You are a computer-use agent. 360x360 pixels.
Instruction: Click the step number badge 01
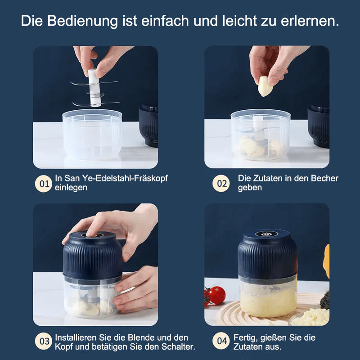[44, 184]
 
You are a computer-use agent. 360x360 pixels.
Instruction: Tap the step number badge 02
[220, 184]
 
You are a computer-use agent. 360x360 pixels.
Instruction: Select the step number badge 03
[44, 342]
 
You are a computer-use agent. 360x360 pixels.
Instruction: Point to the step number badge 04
[220, 342]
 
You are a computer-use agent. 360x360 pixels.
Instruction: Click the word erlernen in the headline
[310, 21]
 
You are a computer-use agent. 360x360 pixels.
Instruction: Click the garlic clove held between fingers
[265, 86]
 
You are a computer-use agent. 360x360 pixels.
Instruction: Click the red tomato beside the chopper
[216, 296]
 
